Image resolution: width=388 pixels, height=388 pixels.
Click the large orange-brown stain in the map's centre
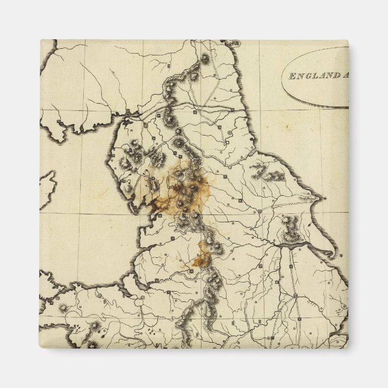pos(184,190)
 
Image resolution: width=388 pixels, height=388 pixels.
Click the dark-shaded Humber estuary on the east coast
pos(295,244)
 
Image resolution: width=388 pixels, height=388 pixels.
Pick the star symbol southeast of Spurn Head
pos(340,255)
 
